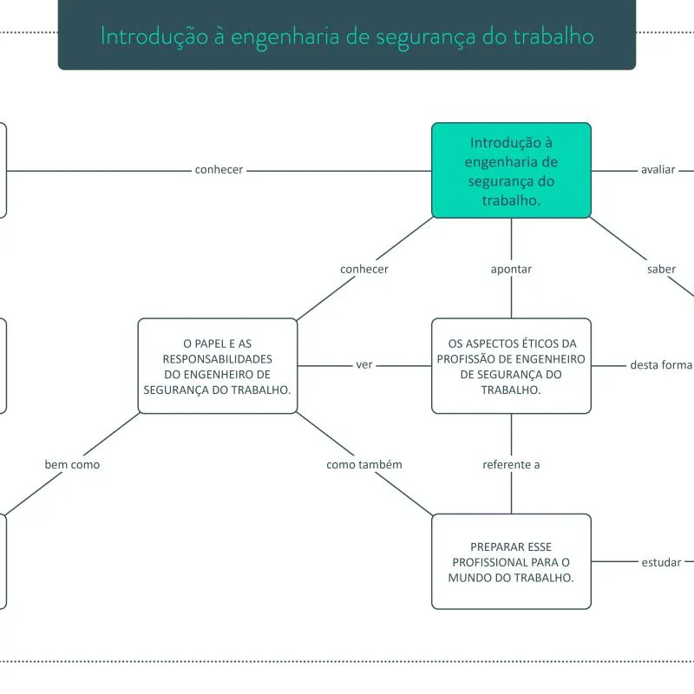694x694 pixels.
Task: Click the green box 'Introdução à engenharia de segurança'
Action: click(x=511, y=170)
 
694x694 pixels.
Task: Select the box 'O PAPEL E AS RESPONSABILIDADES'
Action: click(x=217, y=365)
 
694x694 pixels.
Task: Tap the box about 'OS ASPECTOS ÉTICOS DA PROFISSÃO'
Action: click(x=511, y=365)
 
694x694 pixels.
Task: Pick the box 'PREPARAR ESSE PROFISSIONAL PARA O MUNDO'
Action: click(x=511, y=561)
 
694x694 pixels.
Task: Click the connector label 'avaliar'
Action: click(x=658, y=170)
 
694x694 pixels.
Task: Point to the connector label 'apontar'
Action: click(x=511, y=269)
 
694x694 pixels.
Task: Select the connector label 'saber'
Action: click(x=661, y=269)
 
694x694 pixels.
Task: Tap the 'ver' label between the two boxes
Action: click(x=364, y=365)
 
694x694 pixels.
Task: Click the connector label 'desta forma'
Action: click(x=661, y=365)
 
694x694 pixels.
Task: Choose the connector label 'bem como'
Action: click(x=72, y=465)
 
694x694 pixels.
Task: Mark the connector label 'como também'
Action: click(x=364, y=465)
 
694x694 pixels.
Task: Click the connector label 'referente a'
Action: click(x=511, y=465)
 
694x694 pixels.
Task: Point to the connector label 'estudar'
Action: click(x=661, y=562)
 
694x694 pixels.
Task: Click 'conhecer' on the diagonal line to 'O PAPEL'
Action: click(x=364, y=269)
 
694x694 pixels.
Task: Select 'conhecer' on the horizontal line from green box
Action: click(x=219, y=170)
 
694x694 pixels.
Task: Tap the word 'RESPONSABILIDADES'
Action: click(x=217, y=358)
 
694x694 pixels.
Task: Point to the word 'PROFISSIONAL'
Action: click(x=490, y=562)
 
